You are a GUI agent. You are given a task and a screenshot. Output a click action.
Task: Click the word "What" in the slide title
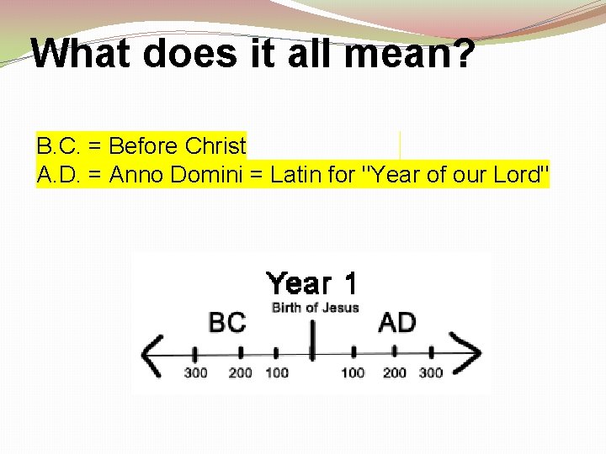[x=81, y=54]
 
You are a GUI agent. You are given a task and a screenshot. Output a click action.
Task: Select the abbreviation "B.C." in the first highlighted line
[x=59, y=146]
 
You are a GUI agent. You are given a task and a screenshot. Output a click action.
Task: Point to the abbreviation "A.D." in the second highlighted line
[x=59, y=175]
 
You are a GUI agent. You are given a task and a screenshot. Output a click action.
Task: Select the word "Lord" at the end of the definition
[x=521, y=175]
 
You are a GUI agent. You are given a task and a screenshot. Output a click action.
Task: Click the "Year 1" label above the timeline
[x=311, y=284]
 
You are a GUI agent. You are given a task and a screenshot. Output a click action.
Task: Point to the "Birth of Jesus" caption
[x=315, y=308]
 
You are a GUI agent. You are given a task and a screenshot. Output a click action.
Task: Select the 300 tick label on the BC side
[x=195, y=372]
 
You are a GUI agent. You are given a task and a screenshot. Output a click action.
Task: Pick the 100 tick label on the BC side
[x=276, y=372]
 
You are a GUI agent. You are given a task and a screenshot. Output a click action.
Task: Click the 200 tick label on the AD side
[x=393, y=372]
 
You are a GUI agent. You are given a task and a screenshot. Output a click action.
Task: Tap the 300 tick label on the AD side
[x=431, y=372]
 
